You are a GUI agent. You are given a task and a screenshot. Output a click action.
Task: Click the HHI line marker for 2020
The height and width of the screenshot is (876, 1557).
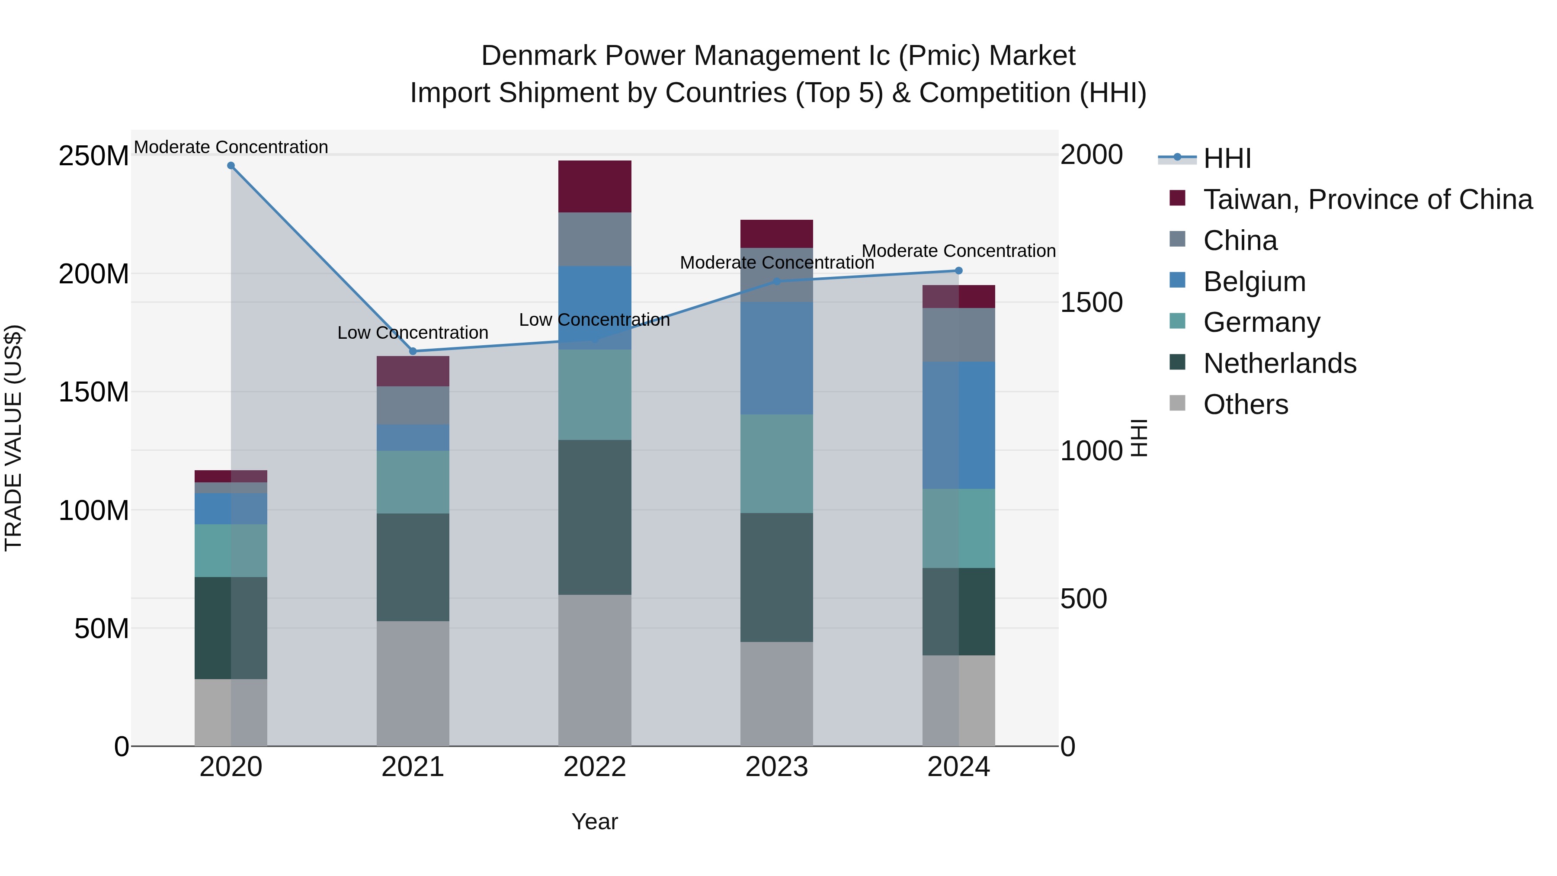pos(231,166)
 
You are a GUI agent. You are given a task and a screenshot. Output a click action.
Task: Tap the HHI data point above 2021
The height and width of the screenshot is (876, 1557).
pos(413,351)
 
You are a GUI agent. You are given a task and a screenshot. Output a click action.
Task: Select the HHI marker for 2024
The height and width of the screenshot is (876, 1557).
pos(958,271)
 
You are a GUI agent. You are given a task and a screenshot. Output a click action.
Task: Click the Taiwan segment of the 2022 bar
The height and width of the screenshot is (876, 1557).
pos(595,186)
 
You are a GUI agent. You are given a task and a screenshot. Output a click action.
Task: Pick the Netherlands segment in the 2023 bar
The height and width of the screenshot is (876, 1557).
pos(777,578)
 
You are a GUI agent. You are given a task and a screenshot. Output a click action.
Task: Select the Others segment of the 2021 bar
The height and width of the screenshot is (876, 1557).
pos(413,683)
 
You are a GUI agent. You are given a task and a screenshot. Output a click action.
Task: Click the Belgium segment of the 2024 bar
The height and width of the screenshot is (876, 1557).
pos(958,425)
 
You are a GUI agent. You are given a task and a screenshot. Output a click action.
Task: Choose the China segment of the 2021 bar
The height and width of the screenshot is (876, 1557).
pos(413,405)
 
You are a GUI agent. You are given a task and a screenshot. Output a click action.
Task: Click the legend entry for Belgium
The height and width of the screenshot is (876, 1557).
pos(1254,282)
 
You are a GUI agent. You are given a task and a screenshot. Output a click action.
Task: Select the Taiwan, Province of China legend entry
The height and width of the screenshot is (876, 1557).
pos(1367,199)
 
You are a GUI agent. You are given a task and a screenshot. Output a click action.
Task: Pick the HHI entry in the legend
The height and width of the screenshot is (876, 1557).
pos(1227,158)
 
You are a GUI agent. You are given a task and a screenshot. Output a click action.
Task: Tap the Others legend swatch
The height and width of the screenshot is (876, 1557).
pos(1177,403)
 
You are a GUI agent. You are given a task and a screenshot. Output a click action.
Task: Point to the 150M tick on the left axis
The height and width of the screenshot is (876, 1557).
pos(94,392)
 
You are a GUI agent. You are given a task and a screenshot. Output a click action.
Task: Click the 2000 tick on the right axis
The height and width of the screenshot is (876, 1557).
pos(1092,155)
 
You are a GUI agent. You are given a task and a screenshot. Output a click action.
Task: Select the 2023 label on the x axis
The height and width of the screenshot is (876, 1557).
pos(777,767)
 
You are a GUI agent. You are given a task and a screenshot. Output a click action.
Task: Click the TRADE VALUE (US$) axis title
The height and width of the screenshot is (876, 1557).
pos(13,438)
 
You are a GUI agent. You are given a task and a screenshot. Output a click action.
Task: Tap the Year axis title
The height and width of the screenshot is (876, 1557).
pos(595,821)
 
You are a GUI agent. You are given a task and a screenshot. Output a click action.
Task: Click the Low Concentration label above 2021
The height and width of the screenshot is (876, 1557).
pos(413,333)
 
